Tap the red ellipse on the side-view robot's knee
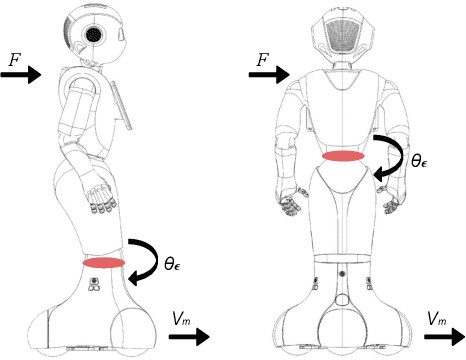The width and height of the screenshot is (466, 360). click(x=104, y=262)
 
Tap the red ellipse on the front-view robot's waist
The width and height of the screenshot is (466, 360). click(x=343, y=156)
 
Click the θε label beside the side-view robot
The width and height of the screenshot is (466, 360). click(x=173, y=265)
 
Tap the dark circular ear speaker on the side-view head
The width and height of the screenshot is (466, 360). click(x=95, y=34)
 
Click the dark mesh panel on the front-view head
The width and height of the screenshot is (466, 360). click(x=342, y=33)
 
